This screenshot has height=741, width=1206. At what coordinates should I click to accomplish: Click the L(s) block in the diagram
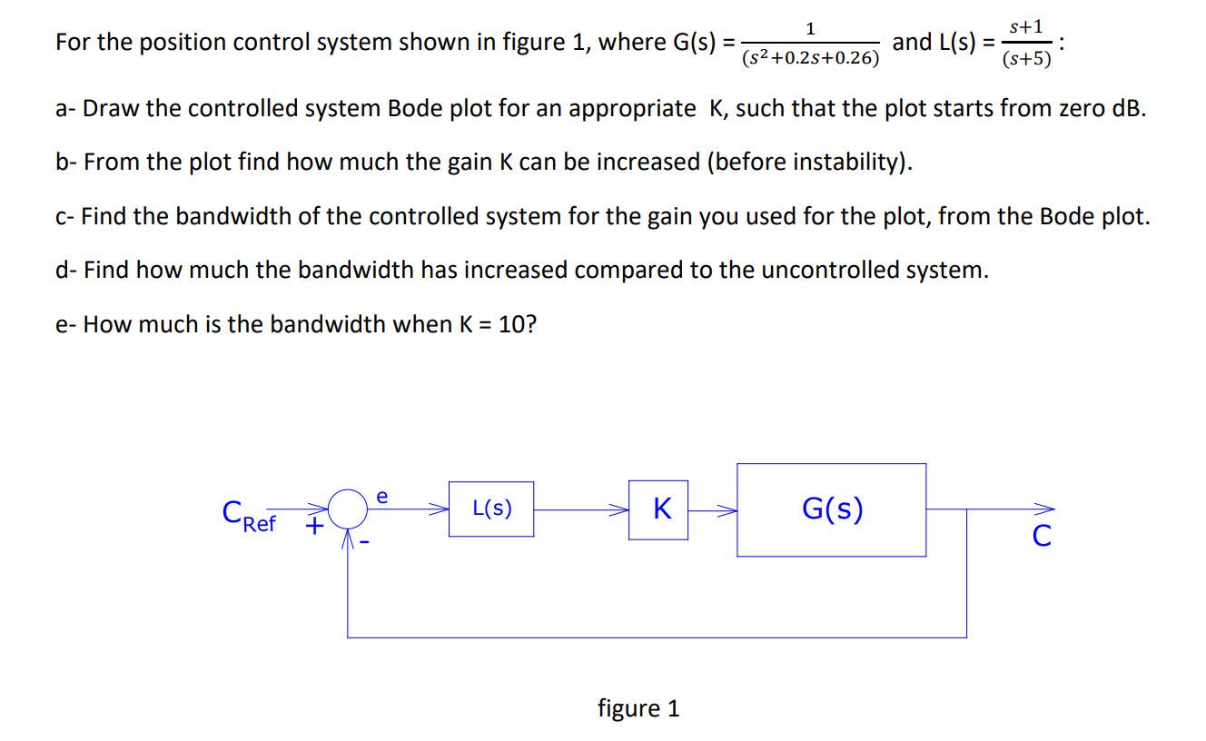pyautogui.click(x=491, y=509)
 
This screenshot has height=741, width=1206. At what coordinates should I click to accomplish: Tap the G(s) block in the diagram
pyautogui.click(x=831, y=509)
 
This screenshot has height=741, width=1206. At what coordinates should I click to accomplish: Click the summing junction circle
pyautogui.click(x=349, y=509)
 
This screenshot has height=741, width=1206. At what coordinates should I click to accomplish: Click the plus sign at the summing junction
pyautogui.click(x=314, y=526)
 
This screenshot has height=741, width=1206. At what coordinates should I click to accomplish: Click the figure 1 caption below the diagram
pyautogui.click(x=638, y=708)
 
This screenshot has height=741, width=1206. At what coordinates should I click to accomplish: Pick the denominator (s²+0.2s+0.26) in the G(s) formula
pyautogui.click(x=810, y=59)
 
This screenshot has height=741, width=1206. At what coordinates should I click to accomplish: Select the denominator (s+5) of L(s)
pyautogui.click(x=1026, y=59)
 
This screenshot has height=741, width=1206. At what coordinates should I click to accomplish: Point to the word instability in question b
pyautogui.click(x=842, y=163)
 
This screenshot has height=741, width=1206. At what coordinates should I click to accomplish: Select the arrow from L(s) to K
pyautogui.click(x=581, y=509)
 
